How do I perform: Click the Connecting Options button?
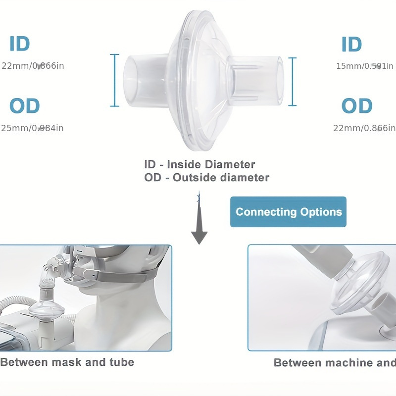coord(288,212)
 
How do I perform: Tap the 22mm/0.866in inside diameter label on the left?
coord(33,66)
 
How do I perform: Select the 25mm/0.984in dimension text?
coord(33,128)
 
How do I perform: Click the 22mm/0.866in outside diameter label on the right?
coord(364,128)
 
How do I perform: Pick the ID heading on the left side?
coord(20,44)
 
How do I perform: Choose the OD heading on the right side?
coord(356,106)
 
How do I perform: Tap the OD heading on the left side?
coord(25,106)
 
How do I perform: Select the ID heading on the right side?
coord(351,45)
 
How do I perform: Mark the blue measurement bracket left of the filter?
coord(115,80)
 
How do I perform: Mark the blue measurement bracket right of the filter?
coord(293,82)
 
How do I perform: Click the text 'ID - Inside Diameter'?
coord(199,164)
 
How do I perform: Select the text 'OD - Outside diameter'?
coord(206,177)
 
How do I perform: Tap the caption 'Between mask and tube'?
coord(67,362)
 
